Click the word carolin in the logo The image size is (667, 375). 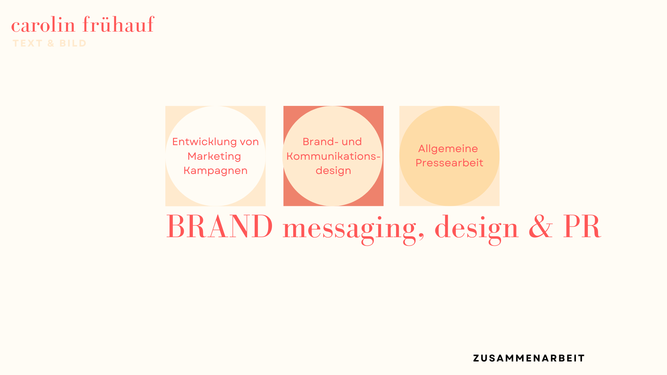click(x=43, y=25)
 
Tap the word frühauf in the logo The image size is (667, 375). click(x=118, y=24)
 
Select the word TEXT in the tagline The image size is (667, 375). click(x=28, y=43)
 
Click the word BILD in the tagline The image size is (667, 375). click(x=73, y=43)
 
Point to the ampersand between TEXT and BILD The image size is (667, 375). click(x=51, y=43)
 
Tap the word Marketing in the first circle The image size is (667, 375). click(x=214, y=157)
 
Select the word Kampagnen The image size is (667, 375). click(x=215, y=171)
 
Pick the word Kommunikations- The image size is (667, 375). click(x=333, y=156)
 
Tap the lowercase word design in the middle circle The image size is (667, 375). click(x=333, y=171)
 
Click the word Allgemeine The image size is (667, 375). click(x=448, y=149)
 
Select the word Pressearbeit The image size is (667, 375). click(x=450, y=163)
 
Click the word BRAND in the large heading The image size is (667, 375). click(x=220, y=226)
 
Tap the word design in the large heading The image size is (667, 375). click(x=477, y=229)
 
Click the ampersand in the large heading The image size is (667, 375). click(x=541, y=226)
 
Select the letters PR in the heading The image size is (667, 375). click(x=582, y=226)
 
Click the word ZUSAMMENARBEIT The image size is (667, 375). click(x=529, y=358)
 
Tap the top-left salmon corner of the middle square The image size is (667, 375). click(x=284, y=106)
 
